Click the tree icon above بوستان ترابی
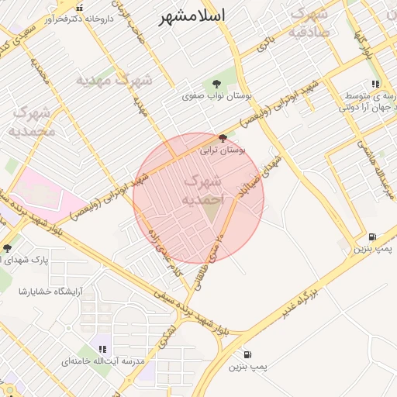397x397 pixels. [223, 138]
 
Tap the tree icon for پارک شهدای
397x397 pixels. [8, 248]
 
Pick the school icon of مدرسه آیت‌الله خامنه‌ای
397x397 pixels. [103, 349]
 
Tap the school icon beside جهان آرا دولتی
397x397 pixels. [375, 84]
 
